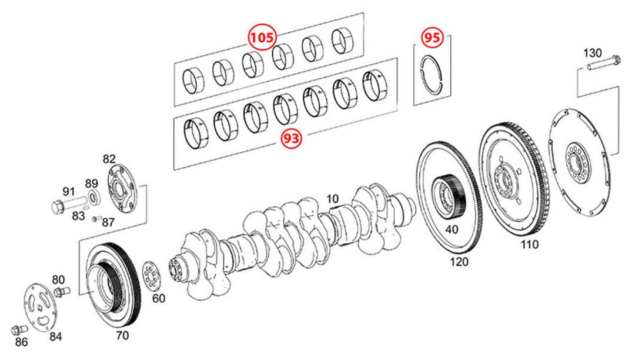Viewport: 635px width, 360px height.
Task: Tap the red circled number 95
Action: (x=432, y=38)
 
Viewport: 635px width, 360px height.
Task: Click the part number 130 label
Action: (x=593, y=53)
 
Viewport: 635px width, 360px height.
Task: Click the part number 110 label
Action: (x=529, y=245)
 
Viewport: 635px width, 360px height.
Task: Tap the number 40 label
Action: (x=452, y=229)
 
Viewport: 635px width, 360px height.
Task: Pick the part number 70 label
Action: (x=122, y=335)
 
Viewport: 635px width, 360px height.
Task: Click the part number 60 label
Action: (x=159, y=298)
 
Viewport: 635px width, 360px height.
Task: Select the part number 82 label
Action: (x=109, y=159)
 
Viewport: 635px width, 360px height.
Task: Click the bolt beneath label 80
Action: (x=61, y=291)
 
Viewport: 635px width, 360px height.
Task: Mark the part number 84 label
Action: (x=56, y=337)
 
